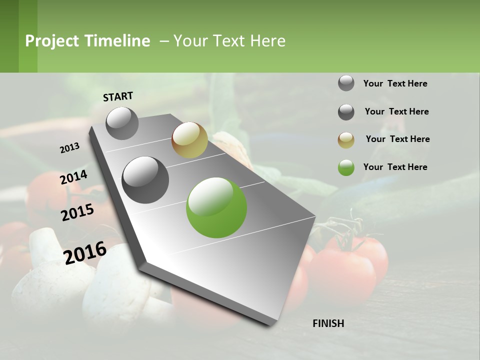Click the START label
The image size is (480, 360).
tap(118, 96)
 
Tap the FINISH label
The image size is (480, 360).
tap(328, 323)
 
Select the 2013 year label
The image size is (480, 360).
tap(69, 148)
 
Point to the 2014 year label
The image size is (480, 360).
tap(73, 177)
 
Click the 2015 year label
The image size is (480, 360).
tap(77, 212)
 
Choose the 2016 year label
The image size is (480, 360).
tap(85, 252)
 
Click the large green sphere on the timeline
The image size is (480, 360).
tap(216, 207)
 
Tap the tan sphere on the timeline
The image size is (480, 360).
tap(189, 140)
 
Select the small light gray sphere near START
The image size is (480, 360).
tap(122, 123)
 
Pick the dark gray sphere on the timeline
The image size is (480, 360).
tap(145, 179)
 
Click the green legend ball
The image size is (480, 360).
tap(346, 167)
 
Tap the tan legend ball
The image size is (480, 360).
tap(346, 140)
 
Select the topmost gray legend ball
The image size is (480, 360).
tap(346, 83)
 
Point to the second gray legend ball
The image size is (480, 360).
tap(346, 112)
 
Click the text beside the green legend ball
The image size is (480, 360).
tap(395, 167)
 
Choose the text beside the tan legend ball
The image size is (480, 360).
tap(397, 139)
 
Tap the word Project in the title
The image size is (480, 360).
tap(52, 41)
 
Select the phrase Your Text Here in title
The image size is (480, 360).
tap(229, 41)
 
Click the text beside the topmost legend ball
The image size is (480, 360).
tap(395, 83)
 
